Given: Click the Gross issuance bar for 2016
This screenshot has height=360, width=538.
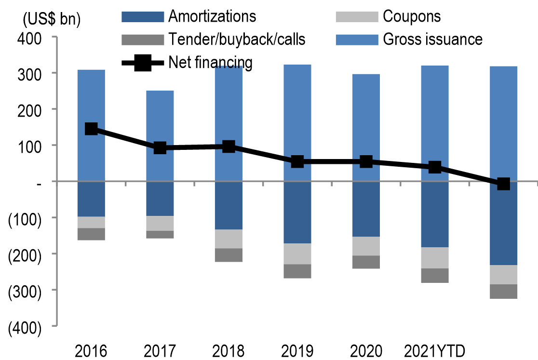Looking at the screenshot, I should [x=91, y=101].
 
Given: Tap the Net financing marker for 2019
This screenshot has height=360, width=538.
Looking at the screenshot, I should [x=297, y=161].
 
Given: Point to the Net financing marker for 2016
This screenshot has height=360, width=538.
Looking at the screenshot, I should [x=91, y=129].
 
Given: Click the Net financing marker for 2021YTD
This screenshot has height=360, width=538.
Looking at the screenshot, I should [x=435, y=167].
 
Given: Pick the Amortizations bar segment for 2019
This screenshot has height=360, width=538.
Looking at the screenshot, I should [x=297, y=212].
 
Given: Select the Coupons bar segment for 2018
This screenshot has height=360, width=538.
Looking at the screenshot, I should [x=229, y=239].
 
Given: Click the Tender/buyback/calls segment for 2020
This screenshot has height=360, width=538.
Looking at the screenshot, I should [x=366, y=262].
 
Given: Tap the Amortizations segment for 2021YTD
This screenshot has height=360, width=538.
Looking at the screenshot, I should [x=435, y=214].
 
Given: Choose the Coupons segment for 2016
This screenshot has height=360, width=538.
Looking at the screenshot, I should [x=91, y=222].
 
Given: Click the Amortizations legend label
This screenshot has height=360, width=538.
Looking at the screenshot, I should [x=212, y=16].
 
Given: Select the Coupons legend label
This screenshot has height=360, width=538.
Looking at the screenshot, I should [x=412, y=16].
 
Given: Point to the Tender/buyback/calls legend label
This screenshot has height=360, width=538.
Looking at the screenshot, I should [x=237, y=39].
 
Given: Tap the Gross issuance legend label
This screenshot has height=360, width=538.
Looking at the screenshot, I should [x=432, y=39].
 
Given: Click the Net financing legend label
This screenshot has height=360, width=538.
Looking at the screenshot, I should [x=210, y=62].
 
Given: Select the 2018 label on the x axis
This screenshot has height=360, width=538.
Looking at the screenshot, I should [x=229, y=350].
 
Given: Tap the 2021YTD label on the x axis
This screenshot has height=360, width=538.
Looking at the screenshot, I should [x=435, y=350].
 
